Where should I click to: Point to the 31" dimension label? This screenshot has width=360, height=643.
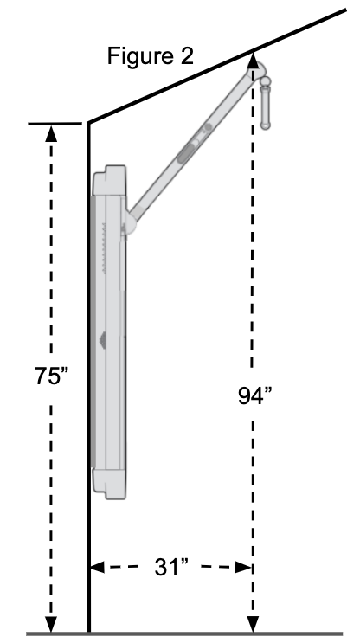click(171, 569)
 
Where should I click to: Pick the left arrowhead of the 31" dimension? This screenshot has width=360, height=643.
click(97, 569)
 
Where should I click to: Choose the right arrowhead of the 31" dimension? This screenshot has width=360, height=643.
click(246, 569)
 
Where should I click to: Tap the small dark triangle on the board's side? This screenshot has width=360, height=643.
click(103, 340)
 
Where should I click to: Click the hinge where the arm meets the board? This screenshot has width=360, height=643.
click(128, 228)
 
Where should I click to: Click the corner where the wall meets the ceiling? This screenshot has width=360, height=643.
click(87, 123)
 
